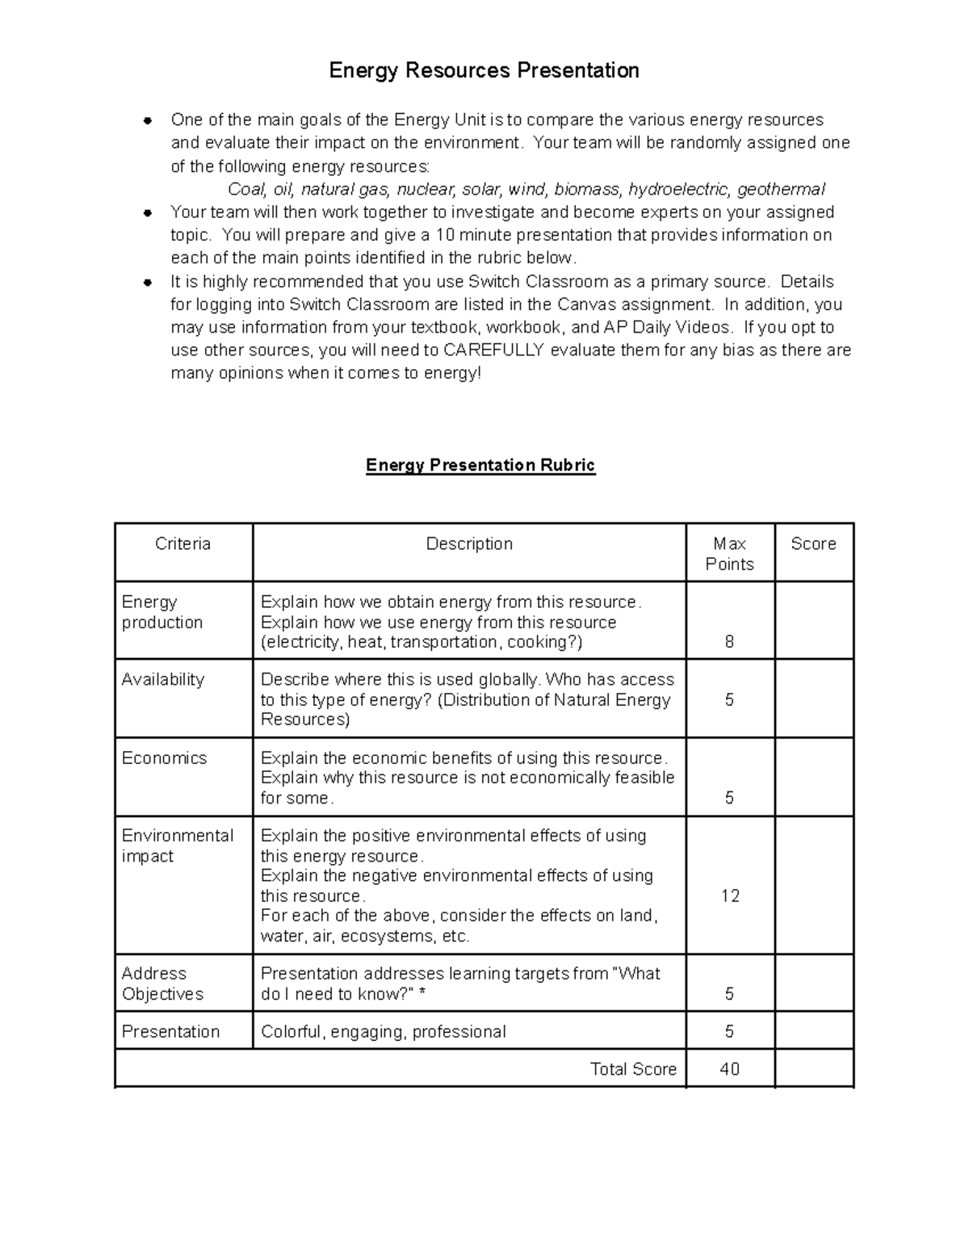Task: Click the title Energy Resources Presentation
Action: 484,71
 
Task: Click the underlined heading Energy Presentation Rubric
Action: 480,465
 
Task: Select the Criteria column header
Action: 182,544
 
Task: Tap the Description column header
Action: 469,544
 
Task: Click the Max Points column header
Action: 729,554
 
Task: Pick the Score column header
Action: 813,544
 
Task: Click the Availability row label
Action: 162,680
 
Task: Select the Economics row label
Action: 164,758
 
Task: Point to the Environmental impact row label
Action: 177,845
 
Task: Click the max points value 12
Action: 730,896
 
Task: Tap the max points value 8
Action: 729,643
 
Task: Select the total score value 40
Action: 729,1069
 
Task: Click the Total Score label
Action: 633,1069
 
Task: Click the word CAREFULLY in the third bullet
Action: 494,350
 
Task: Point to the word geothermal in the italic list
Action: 781,190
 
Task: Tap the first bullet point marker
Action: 148,121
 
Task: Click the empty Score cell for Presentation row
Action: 813,1031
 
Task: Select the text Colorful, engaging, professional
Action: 383,1032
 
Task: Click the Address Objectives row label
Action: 161,983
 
